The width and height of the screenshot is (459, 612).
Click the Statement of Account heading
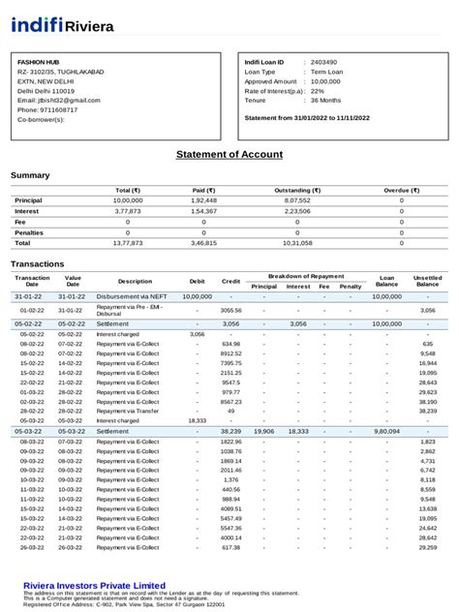[229, 154]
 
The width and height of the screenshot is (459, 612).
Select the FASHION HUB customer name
[39, 61]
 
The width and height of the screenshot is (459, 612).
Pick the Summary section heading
[30, 175]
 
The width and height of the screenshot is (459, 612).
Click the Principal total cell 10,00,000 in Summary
[128, 199]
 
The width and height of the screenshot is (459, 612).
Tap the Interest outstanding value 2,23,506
[298, 210]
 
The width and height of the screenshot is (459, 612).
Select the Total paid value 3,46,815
[203, 243]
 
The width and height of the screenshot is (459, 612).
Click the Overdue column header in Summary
[401, 190]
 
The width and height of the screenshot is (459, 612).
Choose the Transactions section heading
[37, 263]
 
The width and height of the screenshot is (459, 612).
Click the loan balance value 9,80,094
[386, 431]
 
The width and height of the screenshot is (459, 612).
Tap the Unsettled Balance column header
[427, 281]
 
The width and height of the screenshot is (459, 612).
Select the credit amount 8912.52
[230, 353]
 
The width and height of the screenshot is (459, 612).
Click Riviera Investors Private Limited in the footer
[94, 586]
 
